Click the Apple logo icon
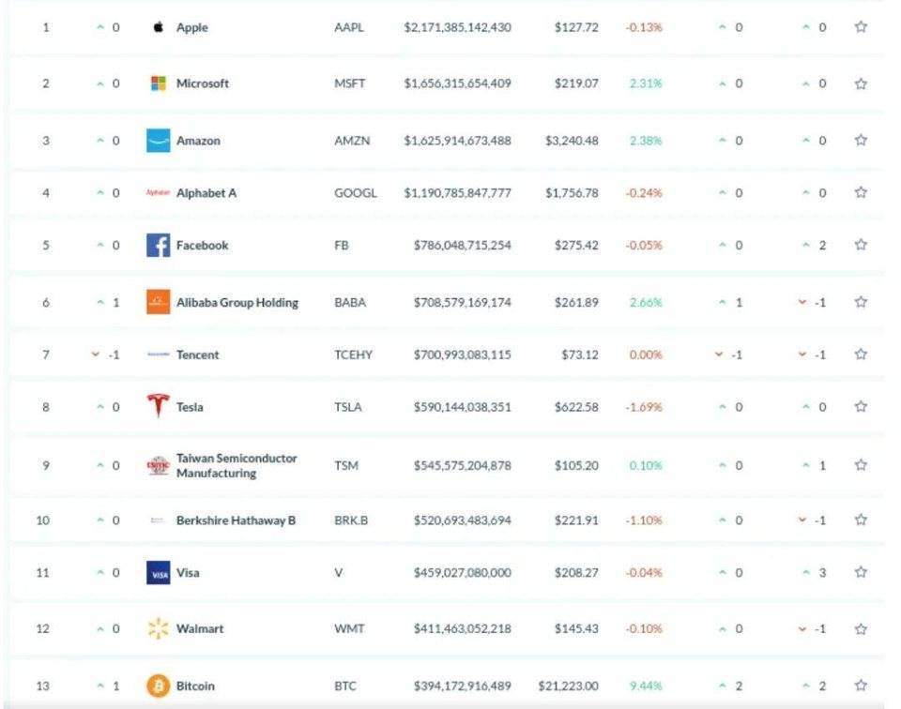pos(158,27)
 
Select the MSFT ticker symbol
pos(350,83)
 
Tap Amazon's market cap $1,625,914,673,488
pos(458,141)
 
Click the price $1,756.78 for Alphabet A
pos(572,193)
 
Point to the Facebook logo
pos(158,246)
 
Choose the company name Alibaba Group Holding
pos(237,303)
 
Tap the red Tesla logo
pos(158,407)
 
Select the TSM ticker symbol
pos(347,465)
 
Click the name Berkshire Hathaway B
pos(236,520)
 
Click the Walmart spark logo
pos(158,629)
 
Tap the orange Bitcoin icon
pos(158,686)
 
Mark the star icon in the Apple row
pos(861,27)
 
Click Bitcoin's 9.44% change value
pos(646,686)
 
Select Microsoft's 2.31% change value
pos(646,83)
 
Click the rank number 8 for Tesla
pos(45,407)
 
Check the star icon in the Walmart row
pos(861,629)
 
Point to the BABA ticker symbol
pos(350,303)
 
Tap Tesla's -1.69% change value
pos(644,407)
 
